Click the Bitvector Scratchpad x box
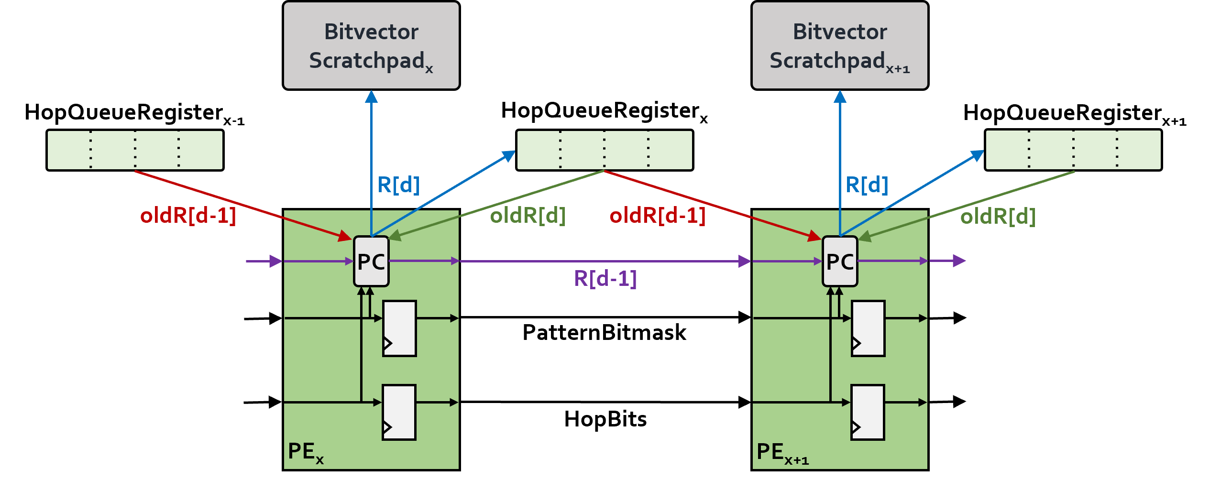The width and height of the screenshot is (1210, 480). point(371,45)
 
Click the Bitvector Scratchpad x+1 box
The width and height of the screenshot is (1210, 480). point(840,45)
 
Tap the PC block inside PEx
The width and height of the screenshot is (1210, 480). point(371,262)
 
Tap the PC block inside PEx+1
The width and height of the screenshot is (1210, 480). point(840,262)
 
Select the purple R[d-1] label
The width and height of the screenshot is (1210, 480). point(605,278)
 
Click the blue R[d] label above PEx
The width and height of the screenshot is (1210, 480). point(398,185)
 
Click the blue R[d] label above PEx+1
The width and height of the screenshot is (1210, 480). point(867,185)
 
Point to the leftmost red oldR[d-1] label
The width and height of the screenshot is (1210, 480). point(188,216)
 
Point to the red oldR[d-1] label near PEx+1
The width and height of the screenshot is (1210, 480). point(658,216)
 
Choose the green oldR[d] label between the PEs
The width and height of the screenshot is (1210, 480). point(528,216)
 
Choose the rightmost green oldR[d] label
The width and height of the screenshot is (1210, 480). point(998,217)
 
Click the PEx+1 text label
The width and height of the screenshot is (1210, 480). point(782,452)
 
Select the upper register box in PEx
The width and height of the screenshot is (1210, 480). point(399,328)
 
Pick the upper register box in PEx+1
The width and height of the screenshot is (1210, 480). point(868,328)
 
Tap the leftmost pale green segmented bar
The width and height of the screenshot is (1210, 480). point(135,150)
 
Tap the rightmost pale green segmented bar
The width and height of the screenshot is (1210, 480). point(1073,150)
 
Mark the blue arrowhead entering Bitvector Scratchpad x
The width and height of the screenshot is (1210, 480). point(371,97)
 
